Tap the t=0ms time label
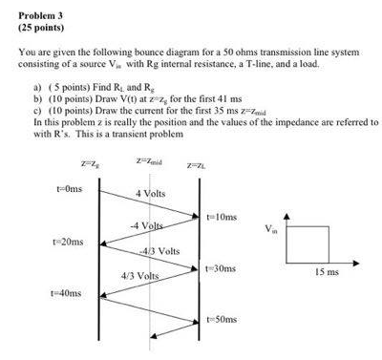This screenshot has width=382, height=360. click(x=69, y=188)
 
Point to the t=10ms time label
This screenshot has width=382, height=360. click(x=223, y=218)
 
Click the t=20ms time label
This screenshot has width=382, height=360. click(x=69, y=242)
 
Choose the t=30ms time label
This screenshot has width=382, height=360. click(x=221, y=269)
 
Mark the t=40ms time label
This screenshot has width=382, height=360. click(x=68, y=293)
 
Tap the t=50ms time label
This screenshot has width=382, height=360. click(x=221, y=318)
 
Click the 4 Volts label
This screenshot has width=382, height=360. click(x=151, y=194)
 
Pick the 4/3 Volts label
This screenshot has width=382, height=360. click(x=140, y=275)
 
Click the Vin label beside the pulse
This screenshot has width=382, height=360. click(x=273, y=228)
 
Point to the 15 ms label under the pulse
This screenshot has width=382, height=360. click(x=327, y=272)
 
